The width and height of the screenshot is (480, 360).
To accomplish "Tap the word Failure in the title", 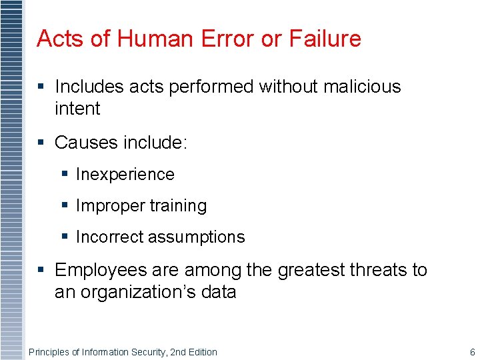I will click(325, 39).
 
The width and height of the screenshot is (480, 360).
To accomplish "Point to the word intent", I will click(77, 109).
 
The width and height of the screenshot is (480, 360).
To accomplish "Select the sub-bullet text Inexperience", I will click(125, 175).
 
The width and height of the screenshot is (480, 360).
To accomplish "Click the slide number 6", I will click(472, 352).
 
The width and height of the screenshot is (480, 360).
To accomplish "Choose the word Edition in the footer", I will click(201, 352).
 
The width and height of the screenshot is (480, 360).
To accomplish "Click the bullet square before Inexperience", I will click(65, 174).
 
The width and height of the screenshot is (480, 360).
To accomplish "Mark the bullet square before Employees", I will click(41, 269).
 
